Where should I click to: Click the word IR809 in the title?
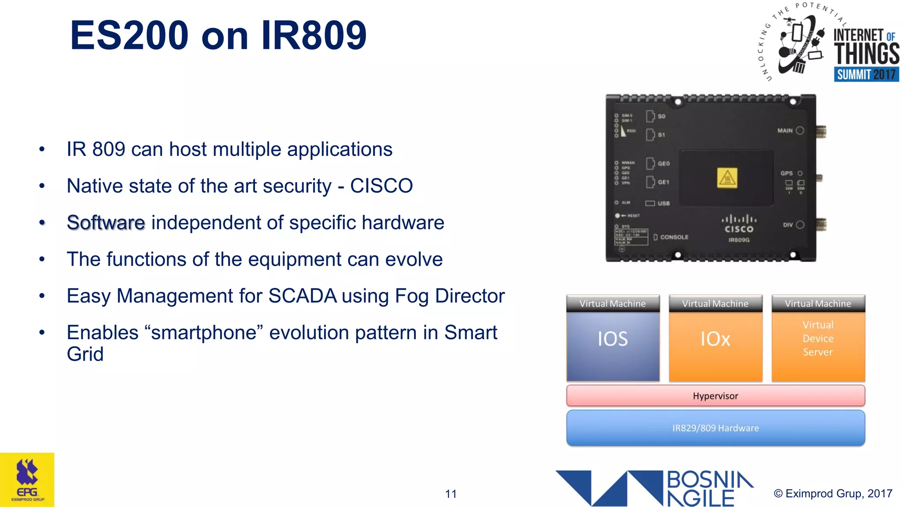coord(314,36)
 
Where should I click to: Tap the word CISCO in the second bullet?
coord(381,186)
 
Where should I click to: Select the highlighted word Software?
coord(106,223)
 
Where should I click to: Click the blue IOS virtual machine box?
coord(613,345)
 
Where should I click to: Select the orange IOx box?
coord(715,345)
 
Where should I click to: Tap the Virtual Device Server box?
coord(818,345)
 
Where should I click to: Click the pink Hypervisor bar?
coord(715,396)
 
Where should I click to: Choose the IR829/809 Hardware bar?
coord(715,428)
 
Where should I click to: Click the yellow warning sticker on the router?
coord(727,178)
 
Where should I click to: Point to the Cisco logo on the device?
coord(739,224)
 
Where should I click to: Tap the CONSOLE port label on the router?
coord(674,237)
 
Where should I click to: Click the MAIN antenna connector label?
coord(785,131)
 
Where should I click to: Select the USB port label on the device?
coord(663,203)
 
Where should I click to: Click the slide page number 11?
coord(451,494)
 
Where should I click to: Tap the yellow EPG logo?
coord(27,480)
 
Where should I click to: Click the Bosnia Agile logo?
coord(654,488)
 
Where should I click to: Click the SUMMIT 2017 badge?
coord(866,74)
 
